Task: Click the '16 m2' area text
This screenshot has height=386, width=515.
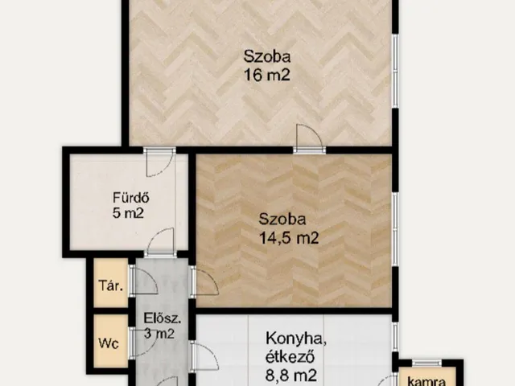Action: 267,75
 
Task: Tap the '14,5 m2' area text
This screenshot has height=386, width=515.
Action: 289,237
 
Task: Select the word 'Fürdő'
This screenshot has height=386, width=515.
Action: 131,198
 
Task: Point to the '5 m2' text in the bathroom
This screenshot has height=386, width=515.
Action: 128,213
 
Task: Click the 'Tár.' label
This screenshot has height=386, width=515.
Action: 111,286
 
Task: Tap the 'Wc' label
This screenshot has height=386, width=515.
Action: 109,343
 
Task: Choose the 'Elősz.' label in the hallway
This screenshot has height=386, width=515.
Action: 163,318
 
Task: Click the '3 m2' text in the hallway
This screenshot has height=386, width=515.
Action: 159,334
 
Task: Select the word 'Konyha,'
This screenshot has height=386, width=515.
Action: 296,339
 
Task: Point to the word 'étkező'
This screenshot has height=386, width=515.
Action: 289,357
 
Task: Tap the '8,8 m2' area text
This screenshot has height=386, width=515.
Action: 291,375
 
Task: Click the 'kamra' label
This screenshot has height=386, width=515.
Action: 426,380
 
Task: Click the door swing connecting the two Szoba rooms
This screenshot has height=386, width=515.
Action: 309,138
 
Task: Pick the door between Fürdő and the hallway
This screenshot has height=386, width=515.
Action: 160,242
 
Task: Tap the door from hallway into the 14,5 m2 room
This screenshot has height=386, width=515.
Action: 204,281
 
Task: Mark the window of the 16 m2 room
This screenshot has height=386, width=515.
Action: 395,71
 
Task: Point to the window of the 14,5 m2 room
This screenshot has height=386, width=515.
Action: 395,230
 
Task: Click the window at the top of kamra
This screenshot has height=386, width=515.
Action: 426,363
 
